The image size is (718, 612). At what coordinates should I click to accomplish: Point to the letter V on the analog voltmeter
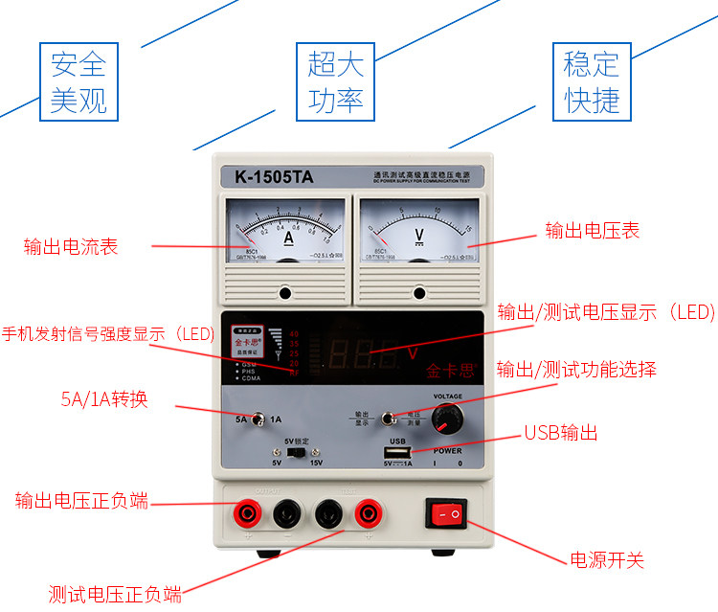418,235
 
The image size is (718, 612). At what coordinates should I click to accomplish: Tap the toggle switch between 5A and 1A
258,418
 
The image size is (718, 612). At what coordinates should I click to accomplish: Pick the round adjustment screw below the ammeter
285,293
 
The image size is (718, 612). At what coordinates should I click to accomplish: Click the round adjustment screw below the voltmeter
418,293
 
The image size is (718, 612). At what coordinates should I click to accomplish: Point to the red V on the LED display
413,353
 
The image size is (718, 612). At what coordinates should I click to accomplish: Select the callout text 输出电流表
71,247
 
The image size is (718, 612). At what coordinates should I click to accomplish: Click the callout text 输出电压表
592,230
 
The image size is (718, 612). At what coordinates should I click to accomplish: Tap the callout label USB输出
560,433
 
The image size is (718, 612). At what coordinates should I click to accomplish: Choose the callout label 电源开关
607,560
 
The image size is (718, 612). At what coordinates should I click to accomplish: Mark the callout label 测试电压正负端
115,594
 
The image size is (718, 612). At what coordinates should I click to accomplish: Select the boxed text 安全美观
79,82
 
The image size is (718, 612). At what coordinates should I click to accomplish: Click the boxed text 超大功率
336,82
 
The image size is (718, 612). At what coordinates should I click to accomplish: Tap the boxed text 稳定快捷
592,82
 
